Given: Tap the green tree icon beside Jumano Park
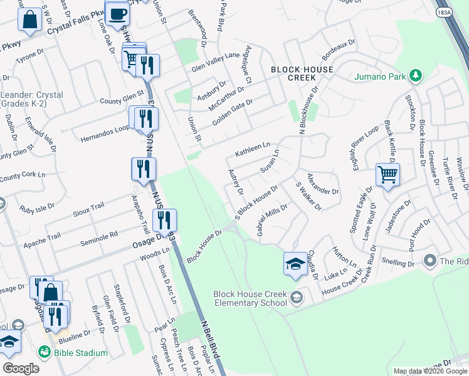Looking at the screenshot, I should click(x=415, y=76).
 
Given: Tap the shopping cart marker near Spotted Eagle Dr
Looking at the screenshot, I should click(x=387, y=175).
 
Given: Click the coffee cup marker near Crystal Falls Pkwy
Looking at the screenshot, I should click(x=117, y=14).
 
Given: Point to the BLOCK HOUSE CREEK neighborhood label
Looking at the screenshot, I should click(x=302, y=73).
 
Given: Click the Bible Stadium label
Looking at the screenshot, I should click(x=81, y=353).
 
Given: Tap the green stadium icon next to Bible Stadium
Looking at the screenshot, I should click(x=45, y=353).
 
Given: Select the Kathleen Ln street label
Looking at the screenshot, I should click(x=253, y=150).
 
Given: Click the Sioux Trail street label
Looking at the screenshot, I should click(x=88, y=206).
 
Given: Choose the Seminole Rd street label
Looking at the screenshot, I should click(x=105, y=235).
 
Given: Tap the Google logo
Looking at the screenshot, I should click(x=21, y=368).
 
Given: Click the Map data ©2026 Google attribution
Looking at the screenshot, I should click(x=429, y=371).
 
